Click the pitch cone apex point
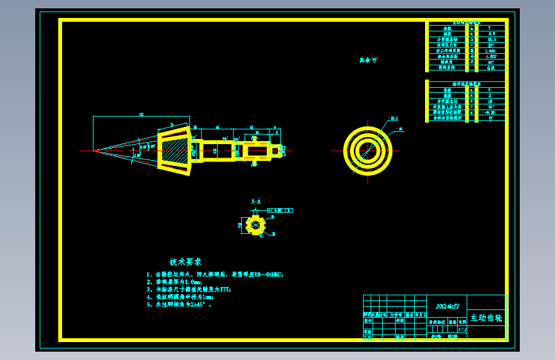click(x=94, y=151)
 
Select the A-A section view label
click(x=255, y=202)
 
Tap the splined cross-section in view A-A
click(x=255, y=224)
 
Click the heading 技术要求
click(x=186, y=262)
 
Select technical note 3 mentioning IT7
click(x=189, y=290)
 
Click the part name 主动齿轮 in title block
click(x=487, y=318)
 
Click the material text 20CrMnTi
click(x=447, y=306)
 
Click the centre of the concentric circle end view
click(x=367, y=151)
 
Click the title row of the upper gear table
click(x=466, y=22)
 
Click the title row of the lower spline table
click(x=466, y=83)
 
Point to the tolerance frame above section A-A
click(x=279, y=210)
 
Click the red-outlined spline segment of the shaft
click(x=255, y=151)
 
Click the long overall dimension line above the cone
click(x=141, y=116)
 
